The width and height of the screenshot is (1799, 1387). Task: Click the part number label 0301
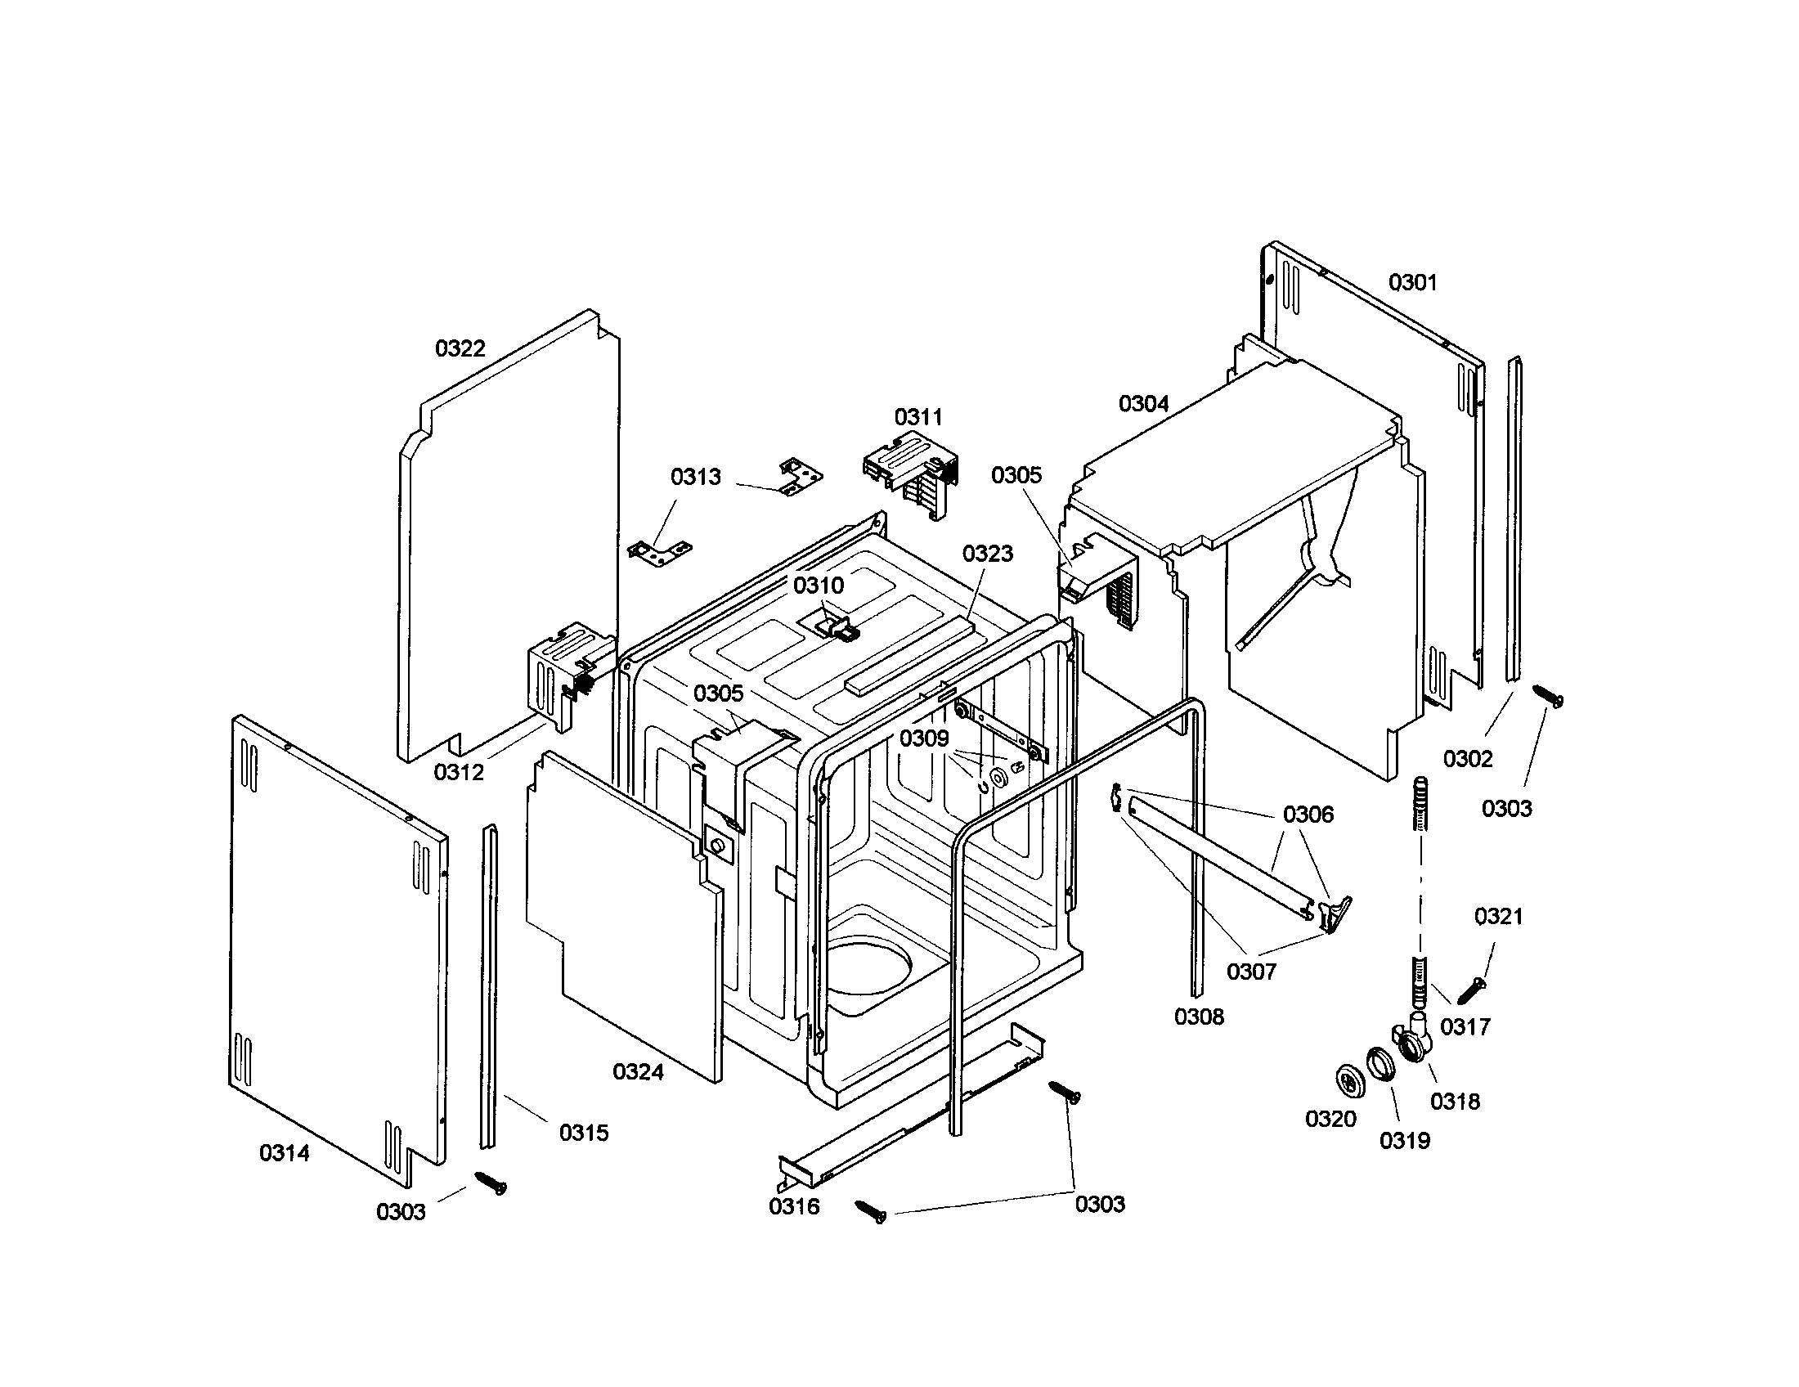click(x=1412, y=282)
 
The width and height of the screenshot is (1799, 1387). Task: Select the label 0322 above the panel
click(x=460, y=348)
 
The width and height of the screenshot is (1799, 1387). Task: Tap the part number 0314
click(x=285, y=1153)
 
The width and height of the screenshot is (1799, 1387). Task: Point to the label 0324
click(x=638, y=1071)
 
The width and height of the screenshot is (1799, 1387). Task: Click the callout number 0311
click(x=917, y=417)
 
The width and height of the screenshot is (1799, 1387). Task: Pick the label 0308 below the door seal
click(x=1199, y=1017)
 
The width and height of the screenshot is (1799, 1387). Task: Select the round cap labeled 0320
click(x=1348, y=1080)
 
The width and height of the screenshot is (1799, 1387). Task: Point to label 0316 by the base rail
click(x=794, y=1206)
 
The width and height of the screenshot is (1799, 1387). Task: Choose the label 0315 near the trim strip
click(x=583, y=1133)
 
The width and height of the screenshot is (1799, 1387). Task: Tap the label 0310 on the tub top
click(x=818, y=586)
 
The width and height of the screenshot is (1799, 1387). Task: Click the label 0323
click(x=987, y=554)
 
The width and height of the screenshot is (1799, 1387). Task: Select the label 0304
click(x=1143, y=403)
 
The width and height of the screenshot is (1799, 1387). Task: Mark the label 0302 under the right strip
click(x=1468, y=759)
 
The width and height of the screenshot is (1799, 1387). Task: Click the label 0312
click(x=459, y=772)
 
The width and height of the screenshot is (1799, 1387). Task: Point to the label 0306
click(x=1308, y=815)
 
